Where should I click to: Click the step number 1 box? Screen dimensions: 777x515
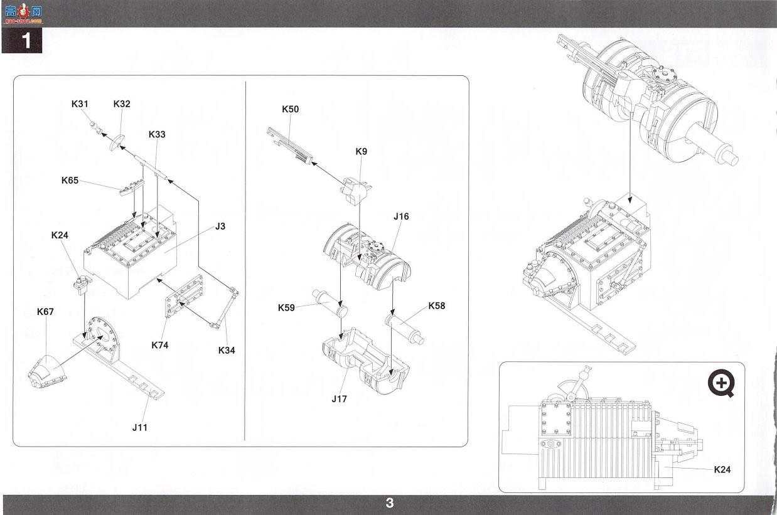(x=22, y=41)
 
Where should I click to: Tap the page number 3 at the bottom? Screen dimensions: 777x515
(x=390, y=503)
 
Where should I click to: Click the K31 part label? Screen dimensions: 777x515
(x=80, y=104)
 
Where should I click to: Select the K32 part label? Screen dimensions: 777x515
(x=122, y=104)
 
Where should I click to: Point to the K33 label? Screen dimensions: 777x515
(x=157, y=135)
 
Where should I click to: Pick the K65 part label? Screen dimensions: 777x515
(x=70, y=180)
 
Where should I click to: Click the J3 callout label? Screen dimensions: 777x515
(x=220, y=226)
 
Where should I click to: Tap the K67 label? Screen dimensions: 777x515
(x=45, y=312)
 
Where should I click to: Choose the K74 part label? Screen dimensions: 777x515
(x=160, y=345)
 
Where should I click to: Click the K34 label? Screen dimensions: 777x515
(x=227, y=351)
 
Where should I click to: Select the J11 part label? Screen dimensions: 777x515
(x=140, y=428)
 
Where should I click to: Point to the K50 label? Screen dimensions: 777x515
(x=291, y=109)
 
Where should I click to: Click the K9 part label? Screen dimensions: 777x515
(x=361, y=152)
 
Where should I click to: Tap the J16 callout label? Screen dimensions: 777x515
(x=401, y=216)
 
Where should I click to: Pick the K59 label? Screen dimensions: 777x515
(x=286, y=307)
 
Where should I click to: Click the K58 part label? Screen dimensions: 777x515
(x=437, y=306)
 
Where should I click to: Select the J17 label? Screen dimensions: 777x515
(x=340, y=399)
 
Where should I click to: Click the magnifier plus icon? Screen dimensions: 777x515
(x=721, y=383)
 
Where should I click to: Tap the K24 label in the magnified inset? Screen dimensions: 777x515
(x=722, y=470)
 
